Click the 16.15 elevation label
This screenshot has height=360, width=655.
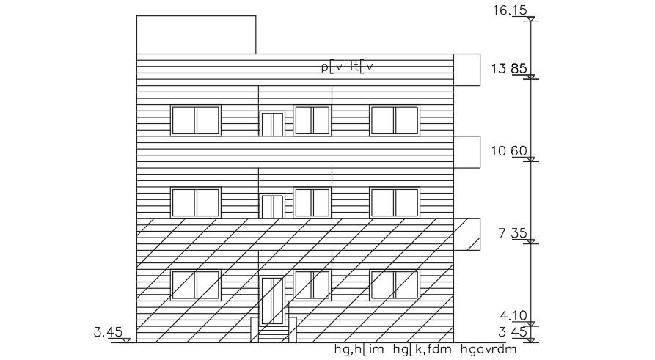[x=510, y=12]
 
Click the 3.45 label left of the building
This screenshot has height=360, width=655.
[x=108, y=332]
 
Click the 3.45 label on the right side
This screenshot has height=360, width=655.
[x=513, y=332]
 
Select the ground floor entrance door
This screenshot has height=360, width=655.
[x=272, y=301]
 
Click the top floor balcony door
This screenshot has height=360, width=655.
[x=272, y=124]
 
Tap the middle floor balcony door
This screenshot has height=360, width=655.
[x=272, y=207]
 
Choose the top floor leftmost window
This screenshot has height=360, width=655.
[x=195, y=120]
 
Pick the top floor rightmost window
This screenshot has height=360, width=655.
[x=395, y=120]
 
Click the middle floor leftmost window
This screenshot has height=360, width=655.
[x=195, y=202]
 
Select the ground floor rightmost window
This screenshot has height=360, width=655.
[x=395, y=285]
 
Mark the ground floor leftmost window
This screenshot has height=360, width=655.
[x=195, y=285]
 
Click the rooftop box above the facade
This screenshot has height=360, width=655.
[x=196, y=34]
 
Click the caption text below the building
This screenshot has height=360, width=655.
[x=425, y=349]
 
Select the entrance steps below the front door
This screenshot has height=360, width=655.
[x=272, y=334]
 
